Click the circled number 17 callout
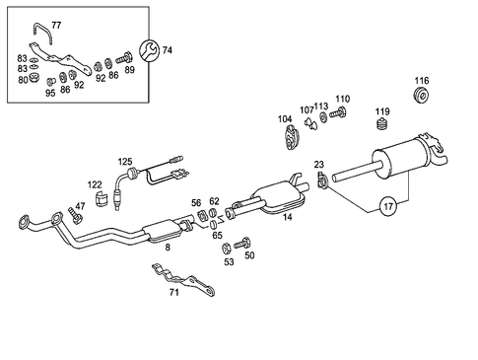[x=387, y=208]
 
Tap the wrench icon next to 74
[x=150, y=49]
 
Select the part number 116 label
[x=422, y=81]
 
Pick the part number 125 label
[x=125, y=160]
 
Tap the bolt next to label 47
[x=75, y=214]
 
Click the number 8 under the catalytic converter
[x=167, y=247]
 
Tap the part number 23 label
[x=318, y=165]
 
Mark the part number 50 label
[x=249, y=254]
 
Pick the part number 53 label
[x=229, y=262]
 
